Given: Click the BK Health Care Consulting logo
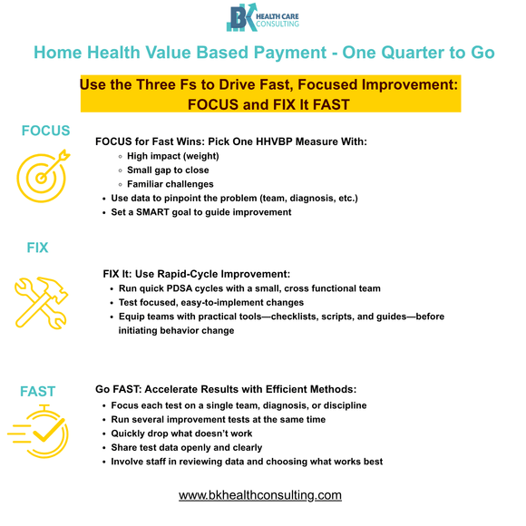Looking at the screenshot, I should [x=262, y=19].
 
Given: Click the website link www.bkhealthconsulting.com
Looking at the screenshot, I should [x=260, y=495].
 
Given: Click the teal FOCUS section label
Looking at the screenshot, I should [x=45, y=131].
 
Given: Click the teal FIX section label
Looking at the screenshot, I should [x=37, y=247].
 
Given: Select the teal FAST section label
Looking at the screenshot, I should [x=38, y=392].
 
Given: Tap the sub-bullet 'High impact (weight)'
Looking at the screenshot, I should [x=172, y=156].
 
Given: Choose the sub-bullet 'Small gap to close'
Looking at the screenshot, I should [x=169, y=170].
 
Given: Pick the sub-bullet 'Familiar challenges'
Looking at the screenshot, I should [x=170, y=184].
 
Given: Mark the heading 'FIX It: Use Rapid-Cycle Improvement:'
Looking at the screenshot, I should [x=197, y=273].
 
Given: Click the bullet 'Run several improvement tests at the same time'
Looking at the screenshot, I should [x=218, y=420].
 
